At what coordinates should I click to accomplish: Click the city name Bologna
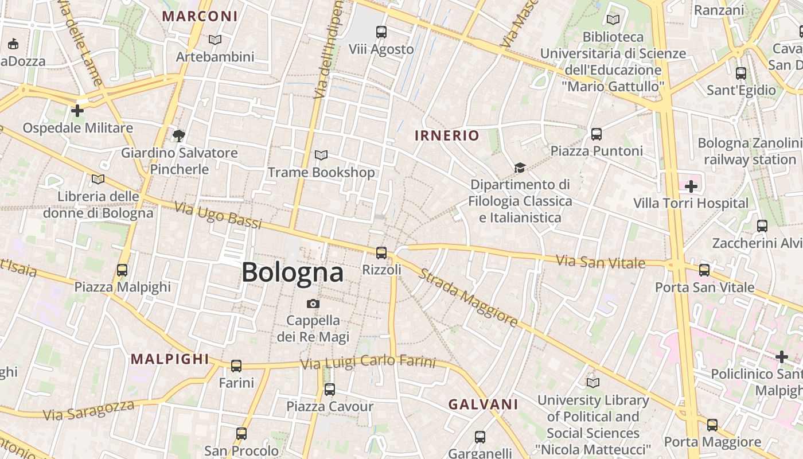(x=293, y=272)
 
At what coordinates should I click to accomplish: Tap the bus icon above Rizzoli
(x=381, y=252)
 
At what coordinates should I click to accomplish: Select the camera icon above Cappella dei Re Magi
(x=313, y=304)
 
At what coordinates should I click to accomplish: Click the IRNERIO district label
(x=447, y=136)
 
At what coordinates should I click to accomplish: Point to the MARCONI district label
(x=200, y=16)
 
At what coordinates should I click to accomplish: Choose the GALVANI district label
(x=483, y=404)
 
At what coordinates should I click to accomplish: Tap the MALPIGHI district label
(x=170, y=359)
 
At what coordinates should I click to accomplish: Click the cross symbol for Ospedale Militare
(x=77, y=110)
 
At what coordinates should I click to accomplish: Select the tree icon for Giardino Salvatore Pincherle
(x=179, y=136)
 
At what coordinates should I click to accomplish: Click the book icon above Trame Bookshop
(x=321, y=155)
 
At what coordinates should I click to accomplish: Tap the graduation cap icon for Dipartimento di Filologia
(x=520, y=168)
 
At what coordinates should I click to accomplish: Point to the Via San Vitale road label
(x=601, y=262)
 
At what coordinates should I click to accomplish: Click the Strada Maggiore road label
(x=468, y=297)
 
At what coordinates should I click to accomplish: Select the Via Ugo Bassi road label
(x=218, y=215)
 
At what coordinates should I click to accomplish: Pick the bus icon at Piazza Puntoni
(x=597, y=134)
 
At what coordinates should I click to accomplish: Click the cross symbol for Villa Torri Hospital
(x=691, y=186)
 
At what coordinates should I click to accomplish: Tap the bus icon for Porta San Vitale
(x=704, y=270)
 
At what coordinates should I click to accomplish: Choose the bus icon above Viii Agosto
(x=381, y=32)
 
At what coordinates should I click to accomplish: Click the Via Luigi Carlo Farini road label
(x=368, y=363)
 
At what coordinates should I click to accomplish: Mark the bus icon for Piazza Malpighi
(x=122, y=270)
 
